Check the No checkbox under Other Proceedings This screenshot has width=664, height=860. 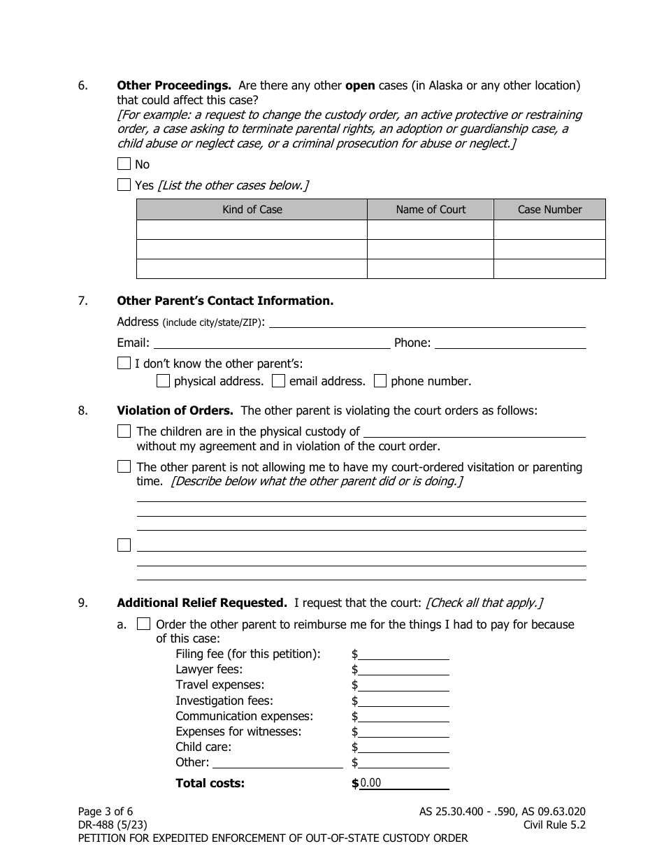pos(124,164)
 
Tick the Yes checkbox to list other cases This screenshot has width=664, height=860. pos(124,185)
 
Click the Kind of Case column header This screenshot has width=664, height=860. pos(252,210)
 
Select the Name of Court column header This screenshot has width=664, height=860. pos(431,210)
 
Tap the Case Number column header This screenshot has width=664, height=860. pos(549,210)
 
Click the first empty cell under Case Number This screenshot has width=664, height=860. pos(549,230)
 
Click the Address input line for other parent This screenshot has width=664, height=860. pos(427,322)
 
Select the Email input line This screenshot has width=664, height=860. pos(271,343)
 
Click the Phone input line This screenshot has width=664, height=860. pos(510,343)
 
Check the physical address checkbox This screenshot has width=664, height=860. pos(163,381)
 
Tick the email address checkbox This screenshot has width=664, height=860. pos(278,381)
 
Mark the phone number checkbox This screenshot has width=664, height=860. pos(380,381)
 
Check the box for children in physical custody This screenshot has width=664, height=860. pos(124,431)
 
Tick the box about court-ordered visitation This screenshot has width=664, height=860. pos(124,466)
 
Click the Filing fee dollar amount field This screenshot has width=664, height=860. pos(403,654)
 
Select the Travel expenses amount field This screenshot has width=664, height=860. pos(403,685)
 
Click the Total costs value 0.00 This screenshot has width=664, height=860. pos(370,783)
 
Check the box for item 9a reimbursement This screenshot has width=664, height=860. pos(143,624)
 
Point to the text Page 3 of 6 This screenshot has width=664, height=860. pos(105,812)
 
